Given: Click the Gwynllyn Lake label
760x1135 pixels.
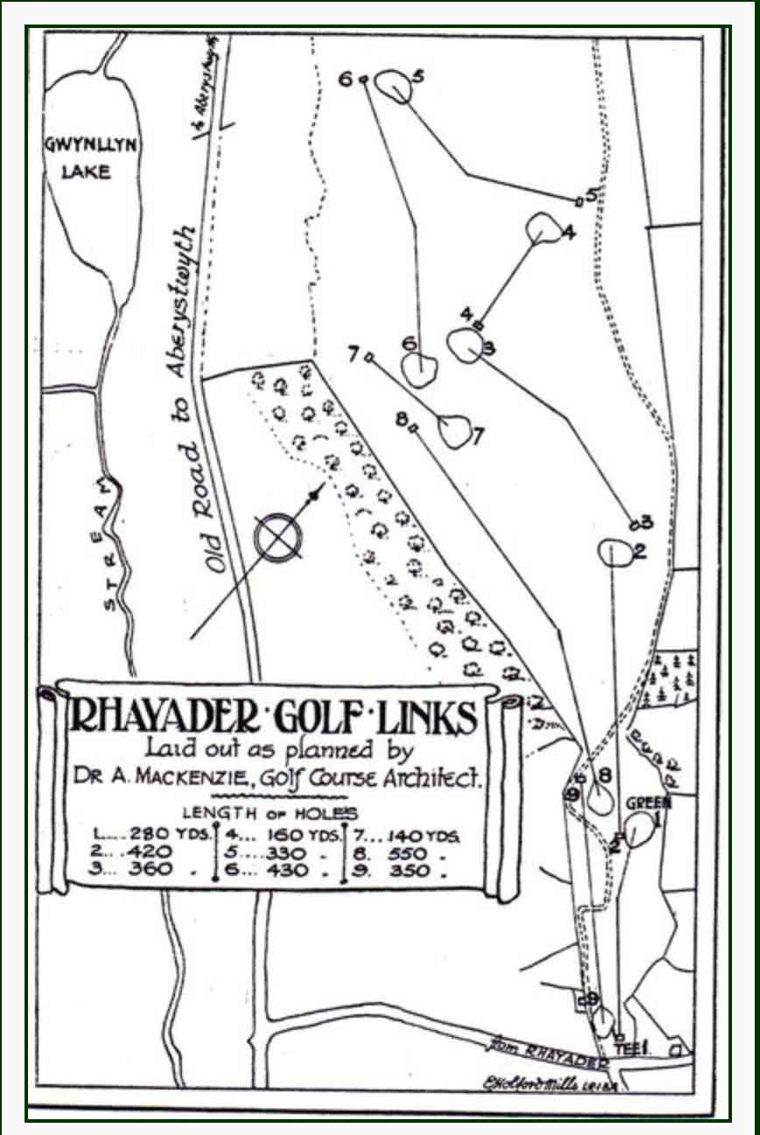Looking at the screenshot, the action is click(x=90, y=158).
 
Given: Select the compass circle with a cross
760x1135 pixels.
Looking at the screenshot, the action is click(x=277, y=536).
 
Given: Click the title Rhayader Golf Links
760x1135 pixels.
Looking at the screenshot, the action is click(x=273, y=720).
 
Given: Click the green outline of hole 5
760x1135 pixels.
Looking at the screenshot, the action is click(x=393, y=85).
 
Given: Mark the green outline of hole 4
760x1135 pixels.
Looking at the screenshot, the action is click(x=545, y=228).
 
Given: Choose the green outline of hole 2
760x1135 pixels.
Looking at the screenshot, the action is click(x=616, y=553).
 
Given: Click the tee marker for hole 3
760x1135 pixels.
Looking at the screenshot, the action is click(x=634, y=525).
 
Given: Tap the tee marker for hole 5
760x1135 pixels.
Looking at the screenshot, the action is click(x=578, y=202).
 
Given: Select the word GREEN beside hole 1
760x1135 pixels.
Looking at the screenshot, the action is click(x=648, y=803).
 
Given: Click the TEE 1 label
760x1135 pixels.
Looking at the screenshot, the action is click(x=630, y=1047).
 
